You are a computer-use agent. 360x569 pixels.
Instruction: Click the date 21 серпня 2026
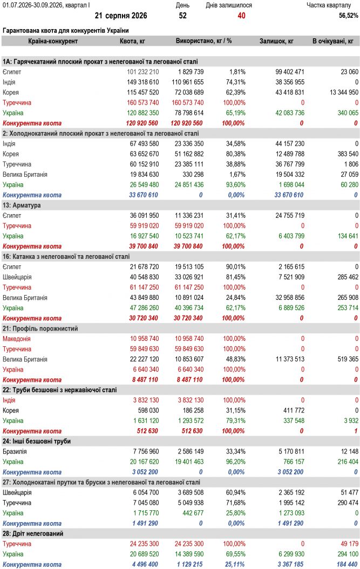tap(121, 16)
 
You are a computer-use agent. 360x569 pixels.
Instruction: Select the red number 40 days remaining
tap(242, 16)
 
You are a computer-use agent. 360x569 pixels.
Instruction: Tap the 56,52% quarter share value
tap(348, 16)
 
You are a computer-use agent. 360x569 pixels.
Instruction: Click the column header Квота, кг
tap(132, 41)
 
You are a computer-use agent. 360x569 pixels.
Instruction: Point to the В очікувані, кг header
tap(333, 41)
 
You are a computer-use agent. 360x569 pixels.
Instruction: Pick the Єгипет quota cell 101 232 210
tap(143, 72)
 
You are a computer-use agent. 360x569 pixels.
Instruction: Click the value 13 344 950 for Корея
tap(344, 92)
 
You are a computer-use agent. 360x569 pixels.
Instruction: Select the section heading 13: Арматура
tap(22, 205)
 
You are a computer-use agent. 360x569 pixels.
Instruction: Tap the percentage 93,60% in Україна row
tap(235, 184)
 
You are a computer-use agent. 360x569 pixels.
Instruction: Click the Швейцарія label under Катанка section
tap(17, 277)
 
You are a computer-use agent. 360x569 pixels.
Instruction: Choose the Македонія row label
tap(17, 339)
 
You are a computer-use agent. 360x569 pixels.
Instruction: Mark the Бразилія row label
tap(15, 451)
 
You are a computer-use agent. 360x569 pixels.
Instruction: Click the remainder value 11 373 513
tap(290, 359)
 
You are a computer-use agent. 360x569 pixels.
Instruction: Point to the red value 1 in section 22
tap(356, 431)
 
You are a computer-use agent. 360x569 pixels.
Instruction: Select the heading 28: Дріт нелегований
tap(33, 533)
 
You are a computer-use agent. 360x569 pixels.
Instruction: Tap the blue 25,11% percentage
tap(235, 564)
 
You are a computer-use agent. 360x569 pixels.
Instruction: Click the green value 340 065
tap(348, 113)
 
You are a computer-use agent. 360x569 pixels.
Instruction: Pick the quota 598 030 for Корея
tap(148, 410)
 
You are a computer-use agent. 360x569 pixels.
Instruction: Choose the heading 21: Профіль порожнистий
tap(40, 328)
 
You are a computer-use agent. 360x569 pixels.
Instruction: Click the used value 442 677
tap(193, 513)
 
